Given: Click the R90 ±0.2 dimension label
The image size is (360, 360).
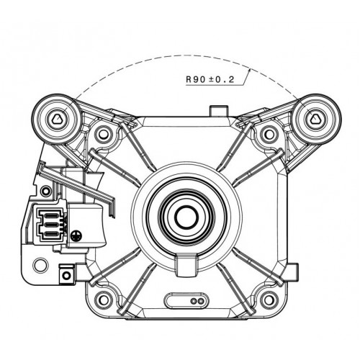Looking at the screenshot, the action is [x=210, y=79].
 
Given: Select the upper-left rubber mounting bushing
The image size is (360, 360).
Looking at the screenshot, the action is [x=58, y=119].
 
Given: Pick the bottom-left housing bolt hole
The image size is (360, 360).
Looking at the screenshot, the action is [x=104, y=300].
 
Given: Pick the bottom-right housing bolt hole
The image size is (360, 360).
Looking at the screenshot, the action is [x=269, y=300].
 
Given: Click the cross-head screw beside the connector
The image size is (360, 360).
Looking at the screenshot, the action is [x=76, y=236].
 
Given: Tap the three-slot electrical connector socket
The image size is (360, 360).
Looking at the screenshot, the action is [x=50, y=225].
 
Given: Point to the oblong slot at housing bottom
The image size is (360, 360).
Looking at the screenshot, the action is [x=186, y=300].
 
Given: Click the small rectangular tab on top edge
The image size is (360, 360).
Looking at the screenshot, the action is [x=218, y=112].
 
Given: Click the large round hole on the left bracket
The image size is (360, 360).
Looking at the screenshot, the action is [x=40, y=266].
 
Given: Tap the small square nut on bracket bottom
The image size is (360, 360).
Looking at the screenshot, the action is [x=66, y=276].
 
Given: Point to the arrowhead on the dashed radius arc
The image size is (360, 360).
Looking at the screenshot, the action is [x=249, y=69].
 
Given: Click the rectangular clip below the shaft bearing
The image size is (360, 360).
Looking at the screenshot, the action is [x=186, y=266].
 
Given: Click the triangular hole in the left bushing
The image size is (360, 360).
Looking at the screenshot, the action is [x=58, y=119].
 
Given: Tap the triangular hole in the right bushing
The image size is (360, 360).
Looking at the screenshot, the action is [x=315, y=119].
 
